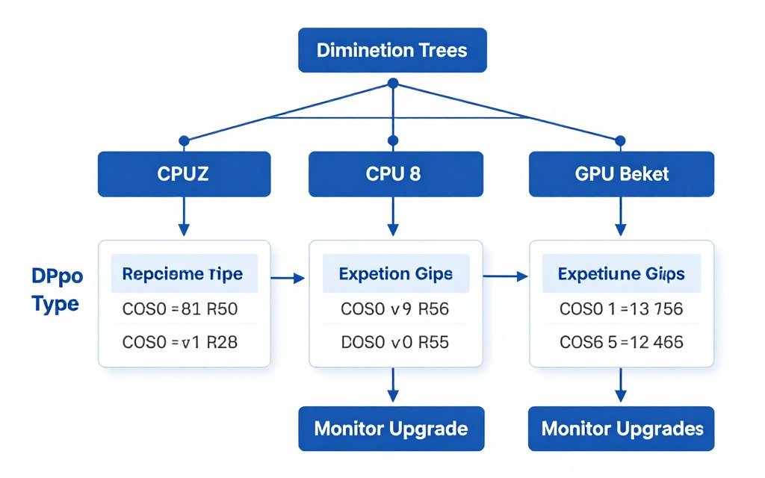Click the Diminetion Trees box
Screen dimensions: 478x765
click(x=392, y=50)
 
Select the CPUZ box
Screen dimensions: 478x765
click(x=184, y=174)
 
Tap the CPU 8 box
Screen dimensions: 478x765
click(x=393, y=174)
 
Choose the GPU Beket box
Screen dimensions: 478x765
click(x=621, y=174)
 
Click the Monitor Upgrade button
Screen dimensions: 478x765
click(x=391, y=429)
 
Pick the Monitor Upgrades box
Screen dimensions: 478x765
click(x=621, y=429)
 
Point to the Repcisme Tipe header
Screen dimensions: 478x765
click(x=184, y=274)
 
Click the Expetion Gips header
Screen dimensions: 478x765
click(x=395, y=274)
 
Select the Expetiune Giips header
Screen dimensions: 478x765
click(x=621, y=274)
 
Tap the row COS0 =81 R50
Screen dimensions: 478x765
click(x=184, y=308)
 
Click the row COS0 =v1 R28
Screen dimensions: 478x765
click(x=184, y=343)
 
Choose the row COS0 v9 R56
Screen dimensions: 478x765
click(x=395, y=308)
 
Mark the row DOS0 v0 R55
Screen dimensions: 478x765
click(x=395, y=343)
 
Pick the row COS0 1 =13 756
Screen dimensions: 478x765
click(x=621, y=308)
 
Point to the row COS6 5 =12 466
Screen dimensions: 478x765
click(x=621, y=343)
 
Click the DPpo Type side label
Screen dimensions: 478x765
click(x=57, y=291)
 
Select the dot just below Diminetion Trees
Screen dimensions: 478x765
click(x=393, y=83)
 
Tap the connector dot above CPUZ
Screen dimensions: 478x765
click(x=184, y=140)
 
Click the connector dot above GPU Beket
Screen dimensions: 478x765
click(x=620, y=140)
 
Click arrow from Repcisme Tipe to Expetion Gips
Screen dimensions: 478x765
click(x=288, y=279)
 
